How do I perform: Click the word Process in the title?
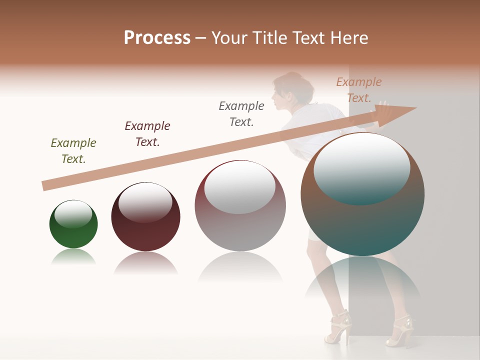tap(157, 38)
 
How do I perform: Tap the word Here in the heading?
tap(349, 38)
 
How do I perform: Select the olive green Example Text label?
tap(73, 150)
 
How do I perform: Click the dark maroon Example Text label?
tap(147, 133)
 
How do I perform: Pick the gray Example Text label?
tap(241, 113)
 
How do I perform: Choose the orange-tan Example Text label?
tap(358, 89)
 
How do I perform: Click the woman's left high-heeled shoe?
tap(338, 327)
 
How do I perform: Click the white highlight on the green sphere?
tap(73, 214)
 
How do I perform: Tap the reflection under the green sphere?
tap(73, 256)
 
